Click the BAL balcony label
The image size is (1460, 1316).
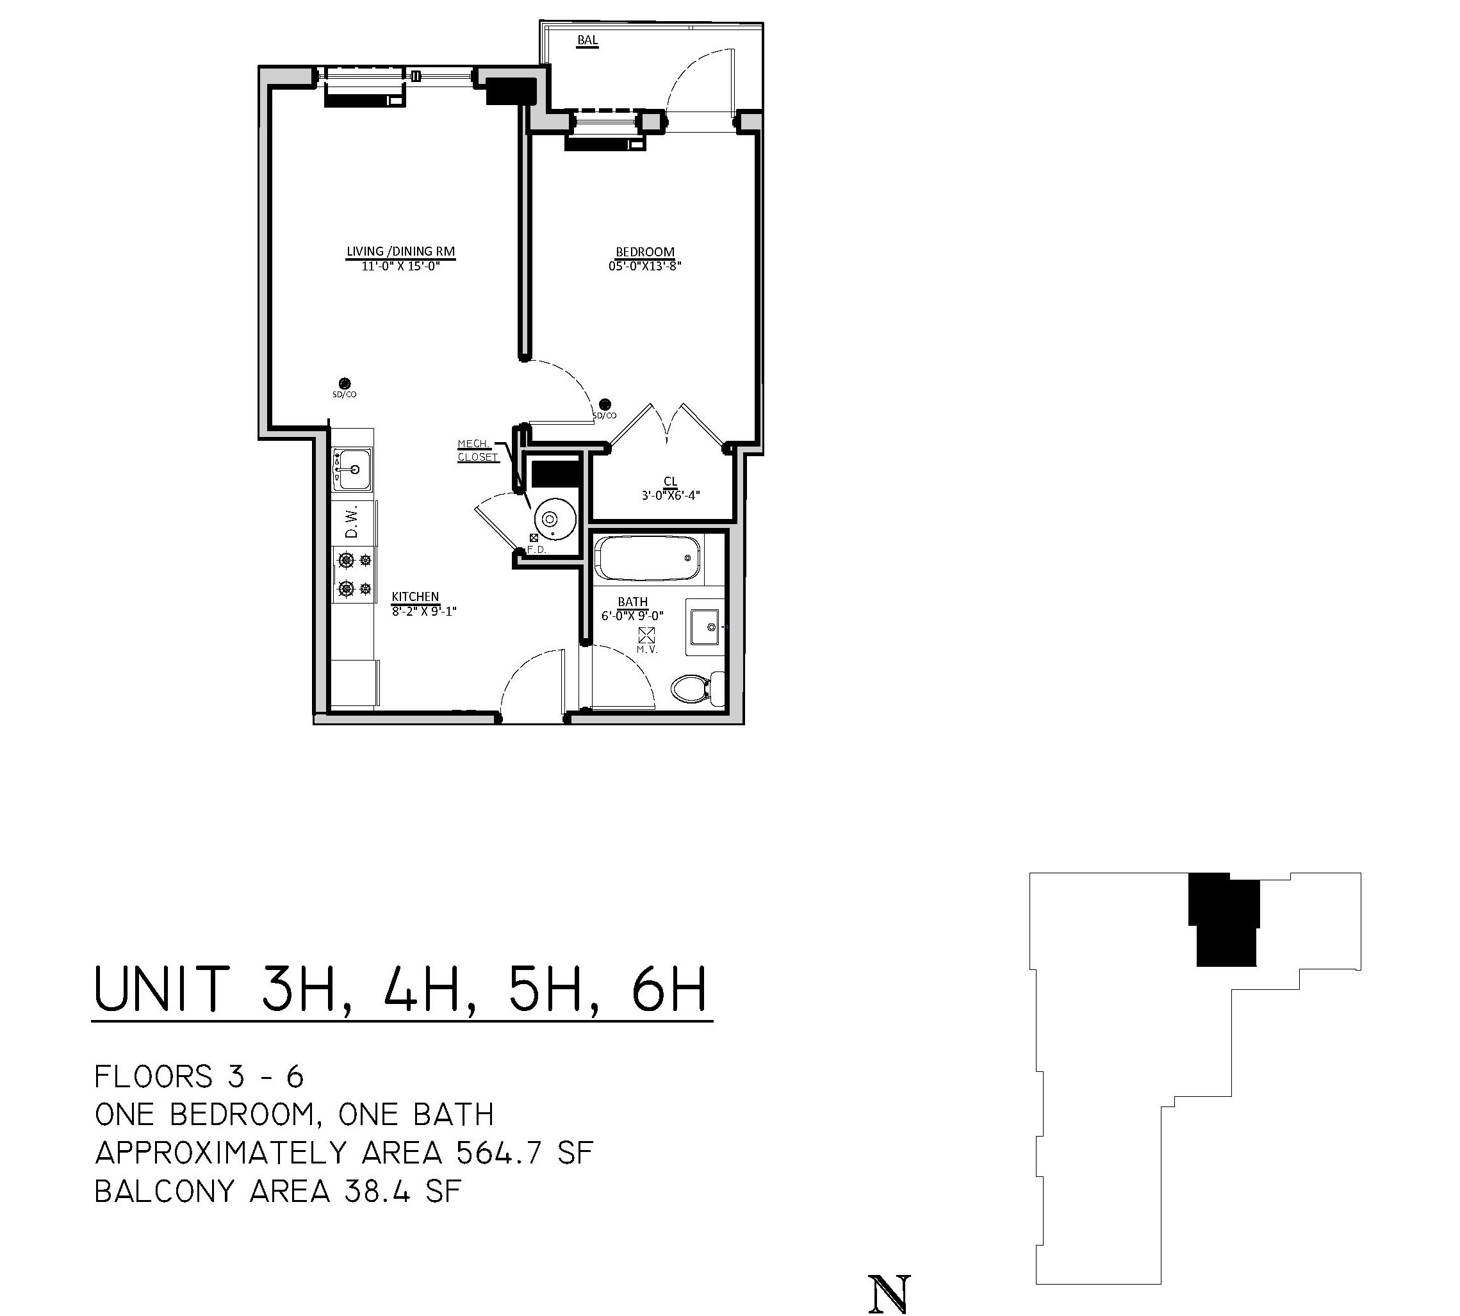tap(587, 40)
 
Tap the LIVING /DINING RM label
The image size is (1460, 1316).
tap(400, 252)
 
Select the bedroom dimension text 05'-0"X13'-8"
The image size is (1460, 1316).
tap(645, 266)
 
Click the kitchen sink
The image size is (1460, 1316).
tap(352, 469)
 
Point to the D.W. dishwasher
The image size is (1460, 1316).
tap(353, 522)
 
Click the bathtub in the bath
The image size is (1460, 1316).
tap(647, 557)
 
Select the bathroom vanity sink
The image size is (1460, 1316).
tap(703, 627)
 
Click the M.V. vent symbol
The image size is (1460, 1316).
tap(646, 636)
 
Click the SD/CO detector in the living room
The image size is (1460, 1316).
tap(345, 383)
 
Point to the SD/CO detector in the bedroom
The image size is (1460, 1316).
tap(605, 405)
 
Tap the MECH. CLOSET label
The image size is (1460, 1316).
tap(477, 450)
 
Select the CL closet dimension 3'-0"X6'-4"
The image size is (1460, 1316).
tap(670, 496)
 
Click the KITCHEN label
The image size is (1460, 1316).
tap(415, 596)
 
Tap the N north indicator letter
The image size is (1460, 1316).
tap(889, 1294)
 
